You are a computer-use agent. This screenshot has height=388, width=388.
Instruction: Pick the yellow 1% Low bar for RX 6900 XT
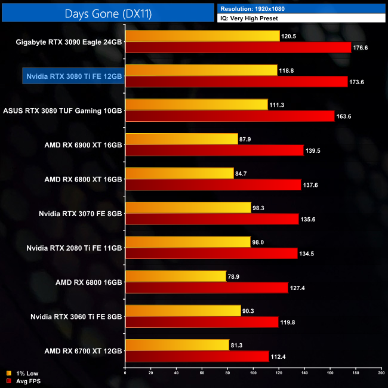point(181,139)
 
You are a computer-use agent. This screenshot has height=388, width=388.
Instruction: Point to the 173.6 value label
point(357,82)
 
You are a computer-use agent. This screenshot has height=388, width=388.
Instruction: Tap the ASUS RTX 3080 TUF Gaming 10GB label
point(63,110)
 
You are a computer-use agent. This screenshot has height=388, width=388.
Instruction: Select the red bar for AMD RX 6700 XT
point(197,356)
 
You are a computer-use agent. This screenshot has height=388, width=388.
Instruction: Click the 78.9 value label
point(236,276)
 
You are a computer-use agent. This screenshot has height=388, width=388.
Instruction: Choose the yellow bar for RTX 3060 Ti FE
point(183,310)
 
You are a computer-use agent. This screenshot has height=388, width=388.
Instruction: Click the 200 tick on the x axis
point(380,373)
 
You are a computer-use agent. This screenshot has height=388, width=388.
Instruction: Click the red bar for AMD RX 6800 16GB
point(207,288)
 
